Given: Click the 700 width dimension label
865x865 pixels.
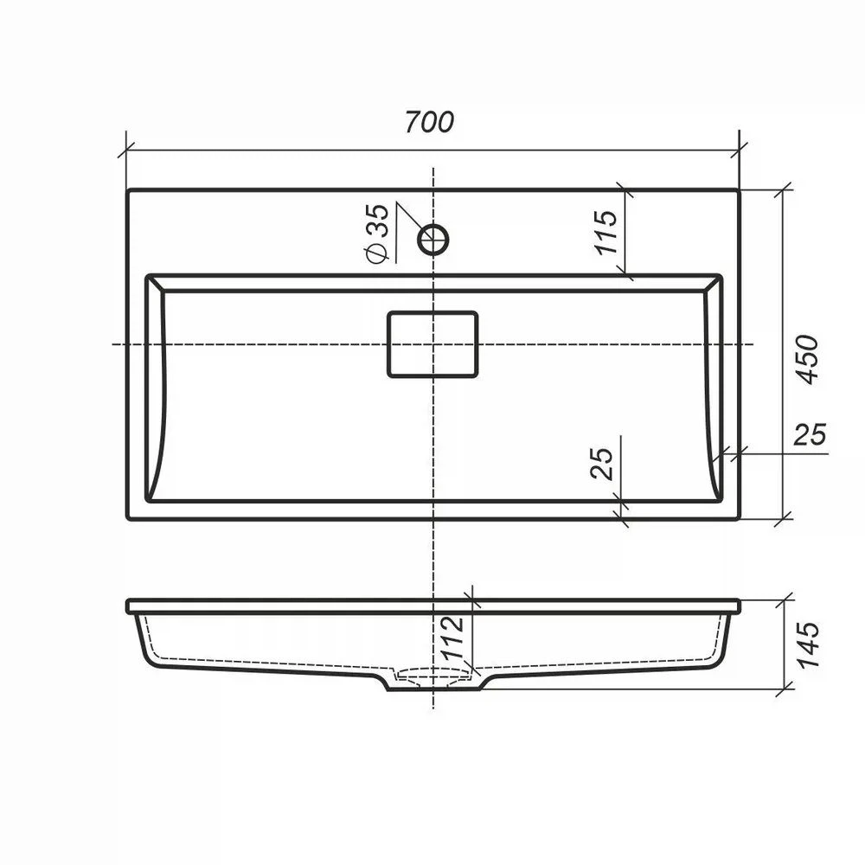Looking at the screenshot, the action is (429, 122).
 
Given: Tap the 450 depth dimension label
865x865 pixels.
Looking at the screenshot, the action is (807, 359).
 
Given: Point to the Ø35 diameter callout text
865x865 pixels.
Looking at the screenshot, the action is (377, 234).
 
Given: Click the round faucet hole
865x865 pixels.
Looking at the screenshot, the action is (433, 240).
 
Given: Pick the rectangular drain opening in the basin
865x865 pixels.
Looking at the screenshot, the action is (432, 344).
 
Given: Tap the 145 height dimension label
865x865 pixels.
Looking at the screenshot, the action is (807, 645).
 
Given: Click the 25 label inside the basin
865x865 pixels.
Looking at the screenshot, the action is (602, 464).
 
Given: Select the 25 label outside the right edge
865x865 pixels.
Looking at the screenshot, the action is (810, 434).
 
